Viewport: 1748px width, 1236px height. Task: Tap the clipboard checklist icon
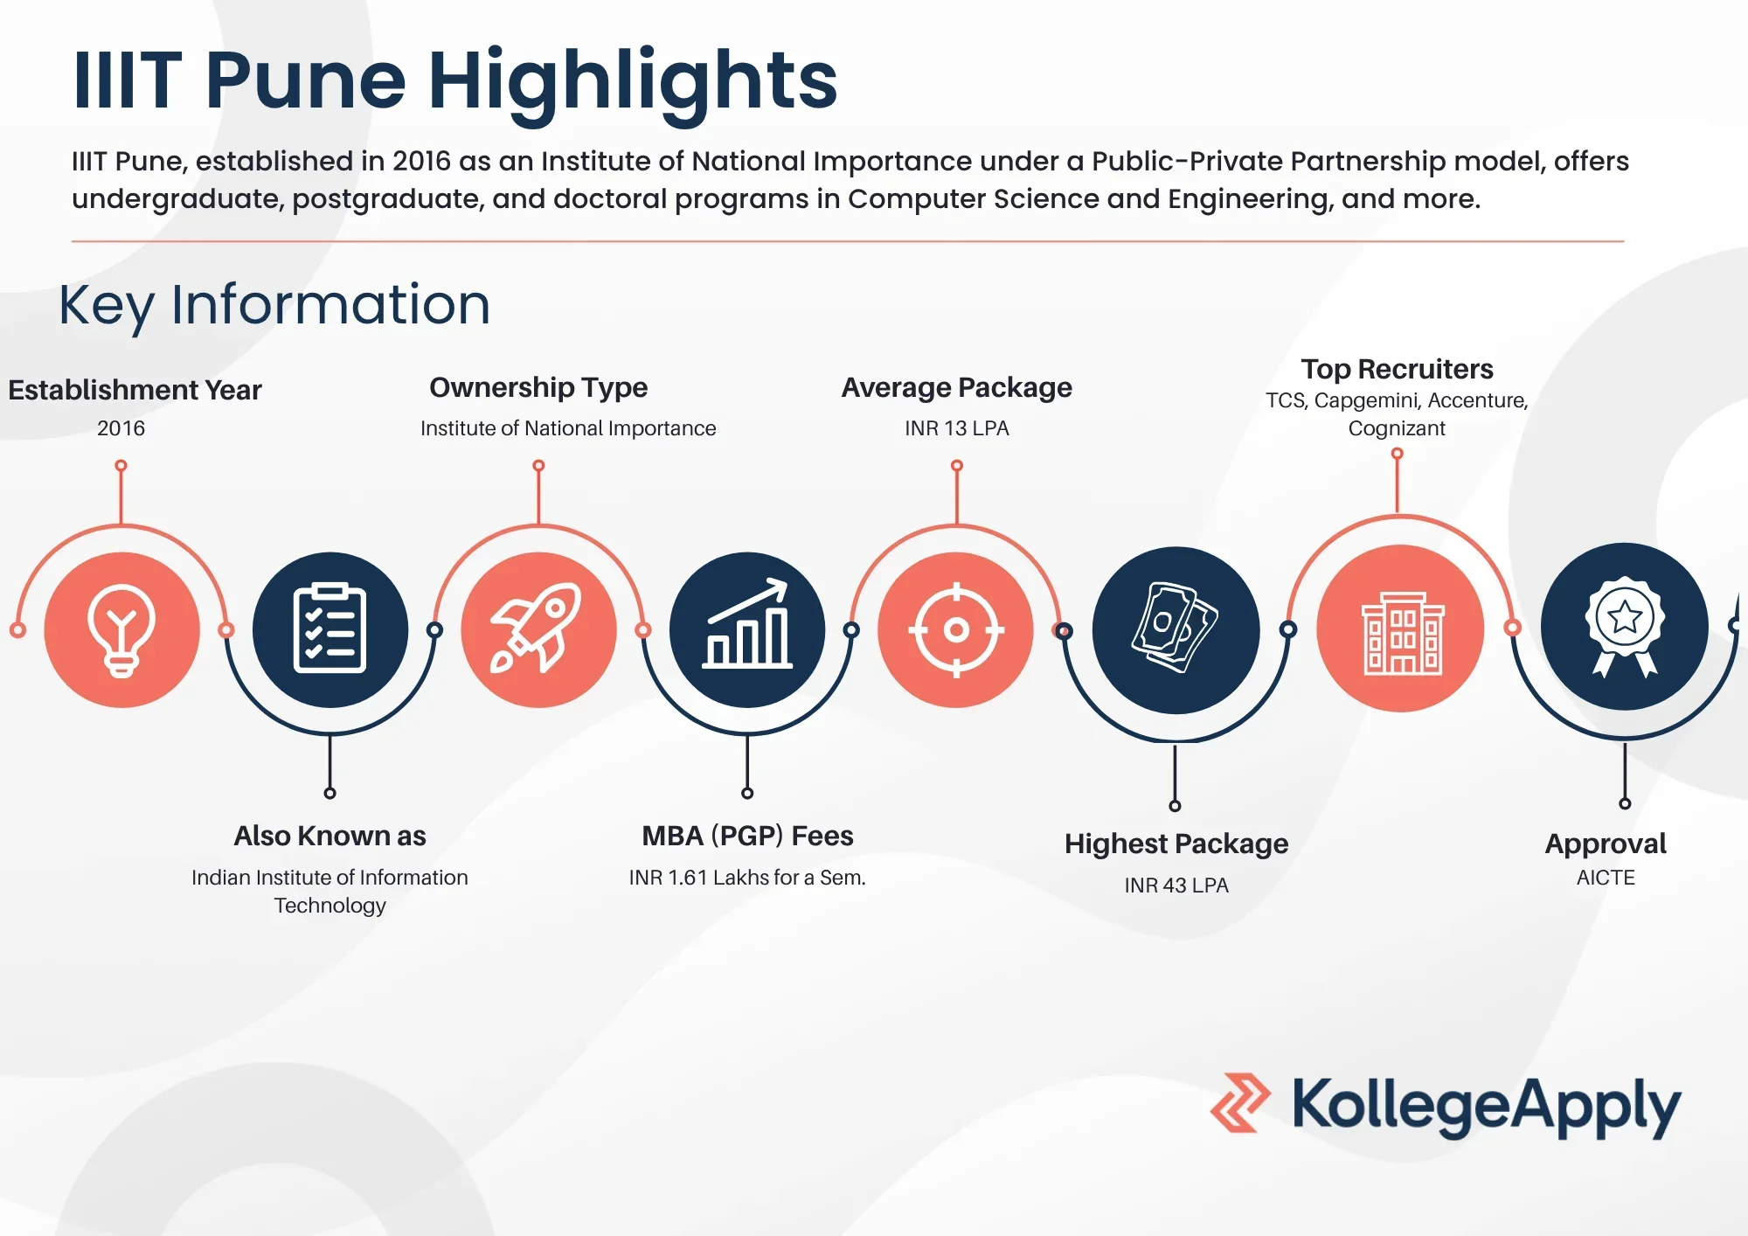pyautogui.click(x=329, y=628)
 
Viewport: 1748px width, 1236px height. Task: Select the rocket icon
pyautogui.click(x=537, y=628)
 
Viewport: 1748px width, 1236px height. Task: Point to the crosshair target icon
pyautogui.click(x=956, y=629)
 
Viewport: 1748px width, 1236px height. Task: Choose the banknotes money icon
pyautogui.click(x=1175, y=628)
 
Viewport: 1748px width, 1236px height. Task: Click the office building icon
pyautogui.click(x=1403, y=633)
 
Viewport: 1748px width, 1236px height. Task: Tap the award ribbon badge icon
pyautogui.click(x=1625, y=626)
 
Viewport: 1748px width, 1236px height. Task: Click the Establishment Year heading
pyautogui.click(x=135, y=390)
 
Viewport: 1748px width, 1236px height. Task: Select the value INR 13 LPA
pyautogui.click(x=956, y=428)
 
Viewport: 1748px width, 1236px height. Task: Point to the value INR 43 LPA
pyautogui.click(x=1176, y=885)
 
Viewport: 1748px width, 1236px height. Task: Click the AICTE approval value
pyautogui.click(x=1606, y=878)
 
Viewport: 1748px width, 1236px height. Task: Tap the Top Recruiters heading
pyautogui.click(x=1397, y=369)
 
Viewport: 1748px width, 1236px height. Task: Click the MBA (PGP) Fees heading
pyautogui.click(x=747, y=836)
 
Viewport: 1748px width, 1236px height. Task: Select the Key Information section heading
pyautogui.click(x=274, y=305)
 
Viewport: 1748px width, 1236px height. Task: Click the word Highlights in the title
pyautogui.click(x=633, y=81)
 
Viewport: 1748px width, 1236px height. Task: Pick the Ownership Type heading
pyautogui.click(x=538, y=387)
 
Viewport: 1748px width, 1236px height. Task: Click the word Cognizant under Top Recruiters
pyautogui.click(x=1397, y=428)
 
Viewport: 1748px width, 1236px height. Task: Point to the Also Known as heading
pyautogui.click(x=329, y=836)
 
